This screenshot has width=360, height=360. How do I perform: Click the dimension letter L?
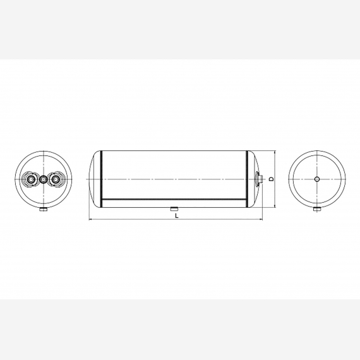pos(177,216)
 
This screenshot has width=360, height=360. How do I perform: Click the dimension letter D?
pos(272,179)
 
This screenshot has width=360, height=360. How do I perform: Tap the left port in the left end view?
pos(31,179)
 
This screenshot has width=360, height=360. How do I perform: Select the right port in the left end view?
pos(54,179)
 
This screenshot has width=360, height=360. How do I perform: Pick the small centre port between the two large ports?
pos(43,179)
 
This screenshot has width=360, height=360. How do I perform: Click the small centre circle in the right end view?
pos(317,179)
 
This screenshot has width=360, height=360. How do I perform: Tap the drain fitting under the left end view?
pos(43,210)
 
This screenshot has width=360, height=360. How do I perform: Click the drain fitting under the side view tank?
pos(174,209)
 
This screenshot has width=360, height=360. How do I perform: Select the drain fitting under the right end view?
pos(317,209)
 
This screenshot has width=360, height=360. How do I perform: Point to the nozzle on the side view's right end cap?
pos(258,179)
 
